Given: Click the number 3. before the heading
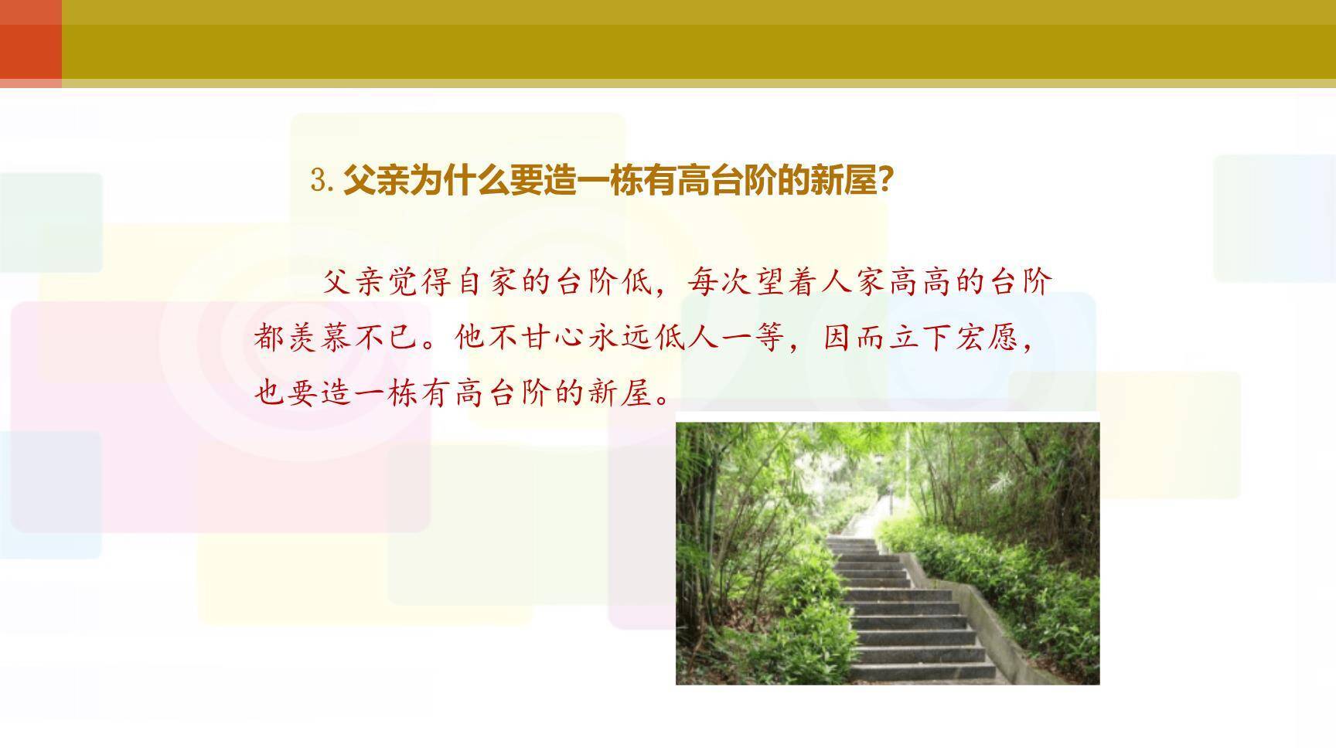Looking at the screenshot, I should coord(322,182).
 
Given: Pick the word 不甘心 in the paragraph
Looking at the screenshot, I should coord(522,338).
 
